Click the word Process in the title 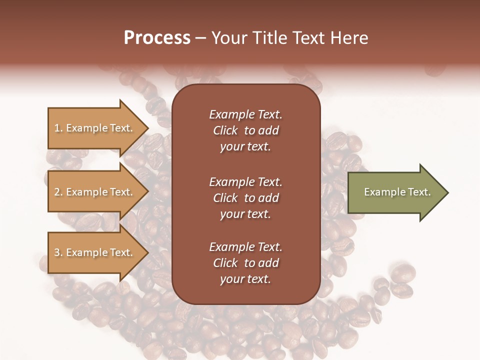tap(157, 38)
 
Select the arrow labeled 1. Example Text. tap(95, 128)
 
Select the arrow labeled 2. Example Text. tap(95, 192)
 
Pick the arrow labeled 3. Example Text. tap(95, 252)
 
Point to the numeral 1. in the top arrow tap(58, 128)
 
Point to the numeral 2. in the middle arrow tap(58, 192)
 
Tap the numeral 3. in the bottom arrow tap(58, 252)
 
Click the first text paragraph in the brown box tap(245, 130)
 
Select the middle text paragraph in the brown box tap(245, 198)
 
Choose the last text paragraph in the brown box tap(245, 263)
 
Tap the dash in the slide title tap(200, 38)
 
